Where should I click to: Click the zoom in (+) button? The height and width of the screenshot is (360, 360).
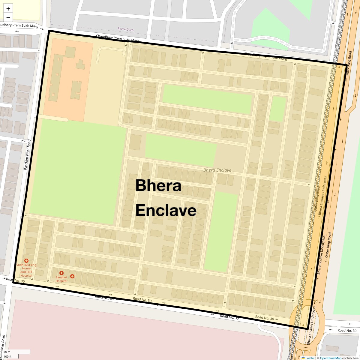click(x=8, y=9)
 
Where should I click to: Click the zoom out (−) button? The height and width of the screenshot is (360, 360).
click(x=8, y=17)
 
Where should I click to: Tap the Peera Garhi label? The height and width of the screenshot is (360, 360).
click(x=126, y=30)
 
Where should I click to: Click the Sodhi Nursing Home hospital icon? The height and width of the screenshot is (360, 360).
click(x=26, y=261)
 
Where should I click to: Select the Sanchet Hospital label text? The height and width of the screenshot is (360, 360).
click(x=61, y=279)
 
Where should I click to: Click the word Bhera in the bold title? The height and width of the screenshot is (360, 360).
click(x=158, y=186)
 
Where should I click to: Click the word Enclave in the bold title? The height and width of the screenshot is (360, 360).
click(x=166, y=210)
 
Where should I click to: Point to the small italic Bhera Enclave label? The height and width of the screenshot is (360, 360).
click(x=217, y=170)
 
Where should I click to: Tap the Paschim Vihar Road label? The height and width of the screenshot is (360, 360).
click(x=28, y=154)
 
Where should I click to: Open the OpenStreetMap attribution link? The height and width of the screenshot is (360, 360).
click(x=330, y=358)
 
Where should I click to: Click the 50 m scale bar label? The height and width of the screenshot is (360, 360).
click(x=7, y=352)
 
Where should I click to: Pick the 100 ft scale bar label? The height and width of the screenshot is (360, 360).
click(x=7, y=356)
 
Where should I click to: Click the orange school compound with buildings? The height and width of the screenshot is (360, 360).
click(x=67, y=79)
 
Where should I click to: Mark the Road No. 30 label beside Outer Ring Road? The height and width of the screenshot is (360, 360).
click(x=347, y=331)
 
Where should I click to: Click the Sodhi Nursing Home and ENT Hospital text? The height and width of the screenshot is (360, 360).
click(x=26, y=270)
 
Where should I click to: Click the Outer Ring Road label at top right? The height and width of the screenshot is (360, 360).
click(x=349, y=63)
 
